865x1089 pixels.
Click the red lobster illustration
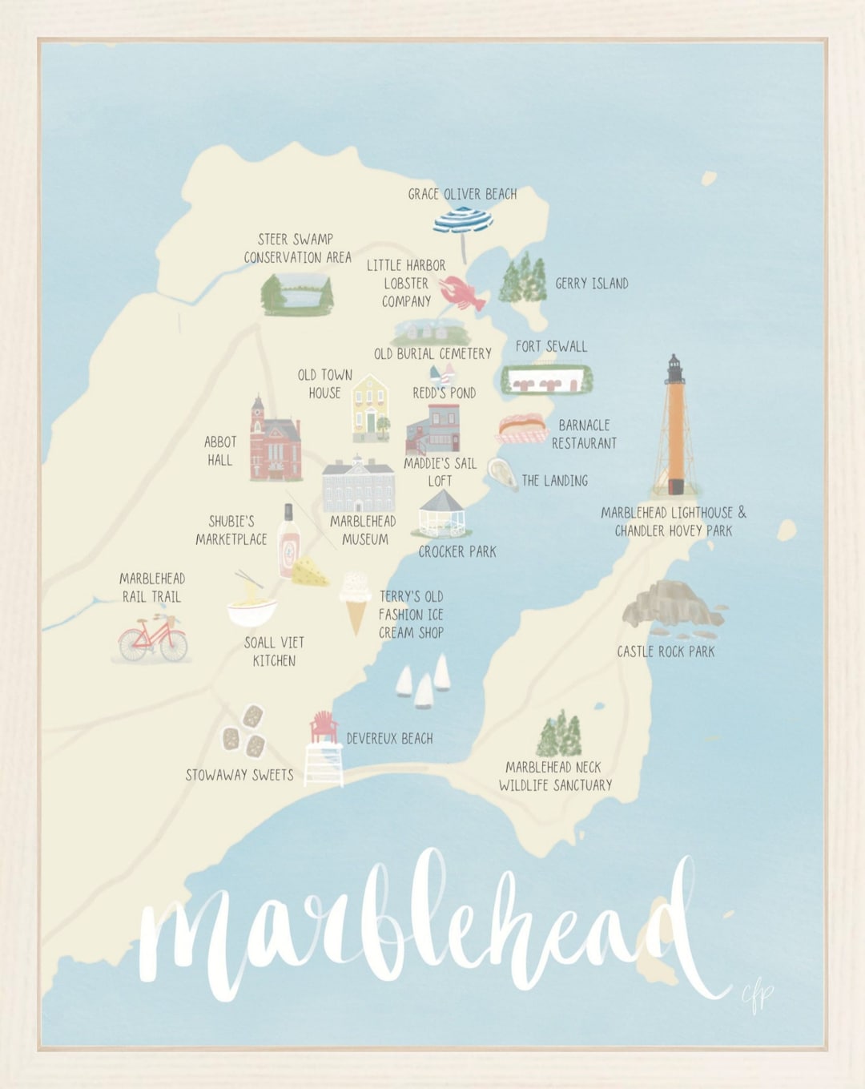coord(463,293)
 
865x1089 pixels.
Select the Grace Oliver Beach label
coord(462,194)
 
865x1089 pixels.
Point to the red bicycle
coord(153,639)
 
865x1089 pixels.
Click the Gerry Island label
coord(592,283)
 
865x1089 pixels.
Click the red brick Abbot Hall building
coord(274,442)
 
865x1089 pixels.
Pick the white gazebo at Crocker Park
coord(442,514)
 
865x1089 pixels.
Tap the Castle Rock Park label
coord(666,651)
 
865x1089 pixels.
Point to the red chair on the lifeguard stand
coord(324,727)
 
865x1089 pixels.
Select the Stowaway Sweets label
coord(239,775)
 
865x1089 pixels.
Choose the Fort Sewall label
coord(551,346)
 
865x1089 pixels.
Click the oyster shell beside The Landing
coord(502,474)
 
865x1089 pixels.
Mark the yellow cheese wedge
coord(310,572)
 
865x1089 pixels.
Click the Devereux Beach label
coord(389,738)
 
